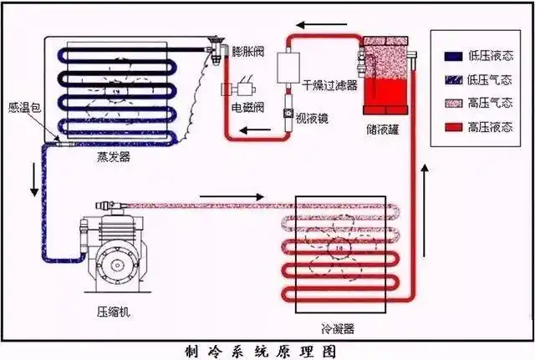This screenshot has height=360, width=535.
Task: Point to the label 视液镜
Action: tap(311, 118)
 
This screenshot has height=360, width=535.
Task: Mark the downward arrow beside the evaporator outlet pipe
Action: tap(34, 182)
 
